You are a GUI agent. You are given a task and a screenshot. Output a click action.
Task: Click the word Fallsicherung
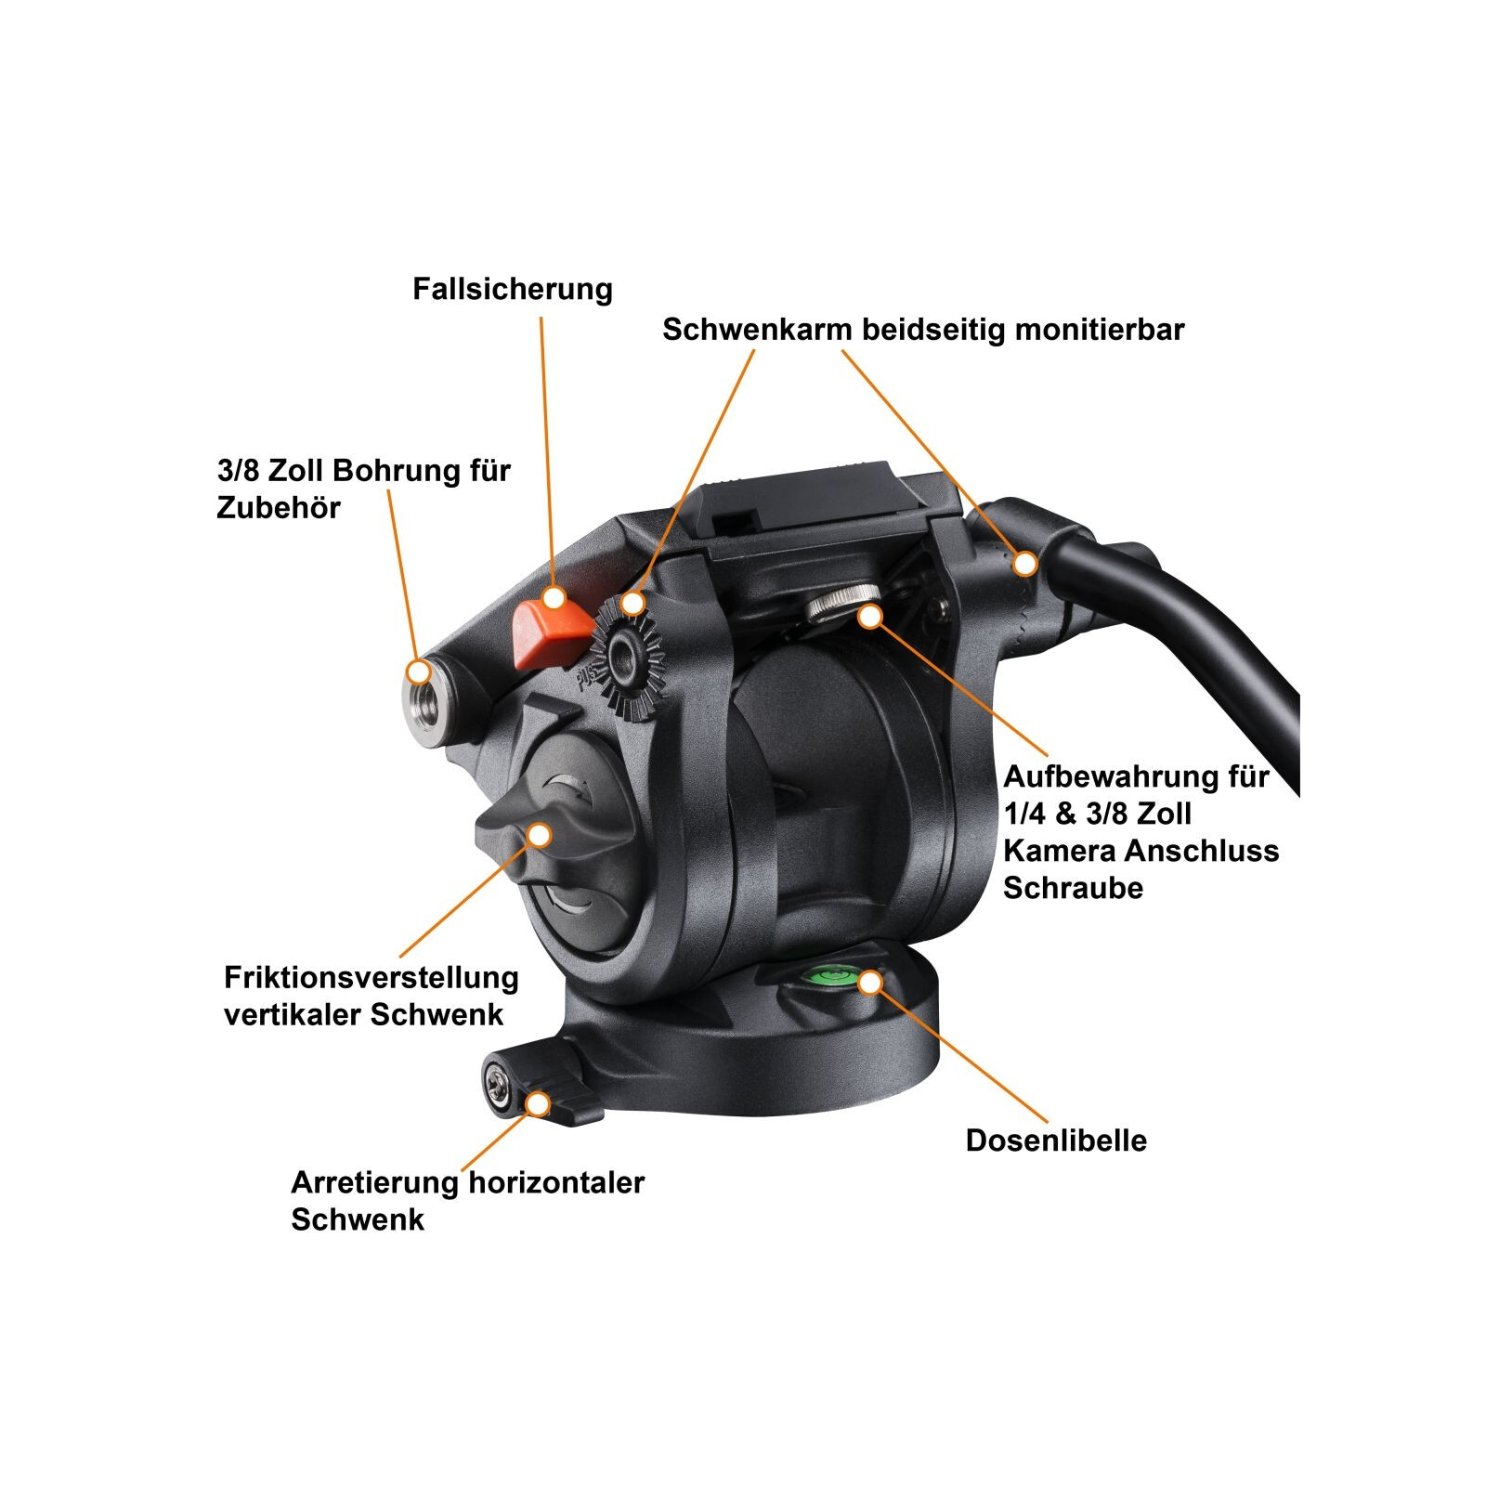point(513,289)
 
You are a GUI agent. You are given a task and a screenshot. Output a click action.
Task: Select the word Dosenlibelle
point(1056,1141)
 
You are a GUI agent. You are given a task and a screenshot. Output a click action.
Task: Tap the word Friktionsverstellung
point(371,977)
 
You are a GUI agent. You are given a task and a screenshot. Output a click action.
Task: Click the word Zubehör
point(279,507)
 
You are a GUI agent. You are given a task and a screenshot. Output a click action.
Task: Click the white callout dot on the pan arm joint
point(1025,563)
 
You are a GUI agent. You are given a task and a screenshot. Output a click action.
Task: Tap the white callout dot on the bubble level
point(870,982)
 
